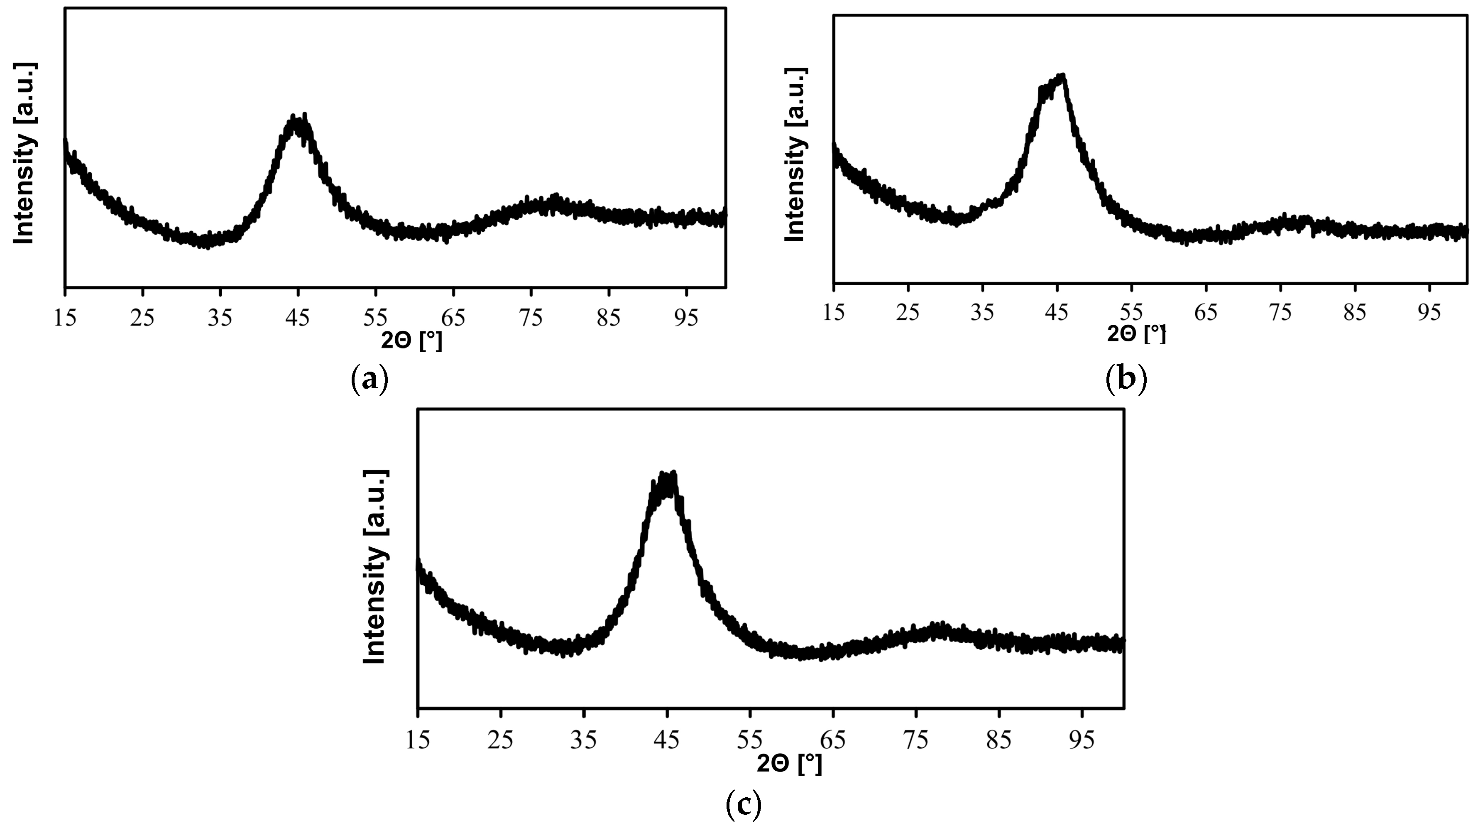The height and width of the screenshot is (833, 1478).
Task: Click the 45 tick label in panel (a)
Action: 298,317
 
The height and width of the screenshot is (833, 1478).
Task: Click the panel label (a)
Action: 369,380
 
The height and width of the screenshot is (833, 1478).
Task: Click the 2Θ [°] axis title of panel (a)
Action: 411,341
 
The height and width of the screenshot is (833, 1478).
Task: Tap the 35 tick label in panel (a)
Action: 220,317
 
